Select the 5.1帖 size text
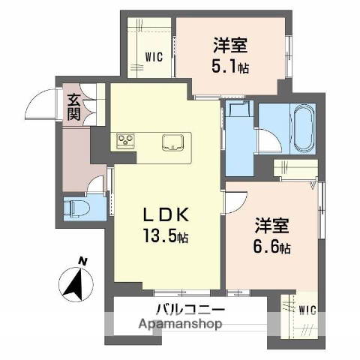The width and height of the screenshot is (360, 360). pyautogui.click(x=232, y=67)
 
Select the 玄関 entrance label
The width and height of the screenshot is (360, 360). pyautogui.click(x=73, y=106)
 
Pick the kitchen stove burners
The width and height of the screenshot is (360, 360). pyautogui.click(x=124, y=140)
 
